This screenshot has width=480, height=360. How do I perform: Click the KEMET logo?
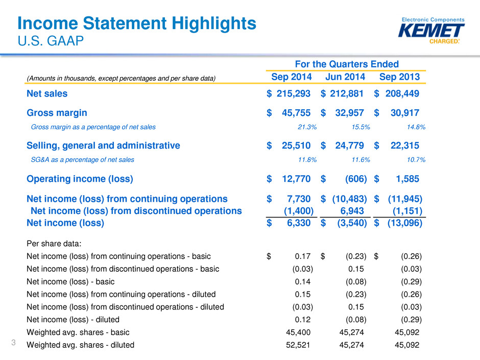click(x=431, y=31)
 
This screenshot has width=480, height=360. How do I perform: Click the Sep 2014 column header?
click(x=292, y=77)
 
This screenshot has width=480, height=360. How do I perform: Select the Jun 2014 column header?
click(x=345, y=77)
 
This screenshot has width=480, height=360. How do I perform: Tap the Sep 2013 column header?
click(x=399, y=77)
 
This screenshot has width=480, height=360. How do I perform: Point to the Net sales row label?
click(x=47, y=93)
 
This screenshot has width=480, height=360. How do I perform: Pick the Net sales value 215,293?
click(x=293, y=93)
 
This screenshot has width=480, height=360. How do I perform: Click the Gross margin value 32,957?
click(x=349, y=113)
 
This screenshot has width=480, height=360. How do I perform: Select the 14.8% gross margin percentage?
click(x=416, y=127)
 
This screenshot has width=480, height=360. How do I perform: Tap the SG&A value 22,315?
click(x=405, y=146)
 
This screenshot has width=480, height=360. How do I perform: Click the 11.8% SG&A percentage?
click(x=307, y=160)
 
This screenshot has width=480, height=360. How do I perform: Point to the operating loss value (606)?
click(x=356, y=179)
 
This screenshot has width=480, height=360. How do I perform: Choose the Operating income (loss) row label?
click(x=80, y=179)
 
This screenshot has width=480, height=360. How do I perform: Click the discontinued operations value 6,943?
click(x=352, y=211)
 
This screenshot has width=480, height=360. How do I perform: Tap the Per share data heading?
click(x=54, y=244)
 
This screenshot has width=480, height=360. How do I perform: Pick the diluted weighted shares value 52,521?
click(x=298, y=345)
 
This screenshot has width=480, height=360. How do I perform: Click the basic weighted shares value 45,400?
click(x=298, y=332)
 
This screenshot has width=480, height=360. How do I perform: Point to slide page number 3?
click(x=13, y=342)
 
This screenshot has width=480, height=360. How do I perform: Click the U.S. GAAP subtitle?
click(x=51, y=41)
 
